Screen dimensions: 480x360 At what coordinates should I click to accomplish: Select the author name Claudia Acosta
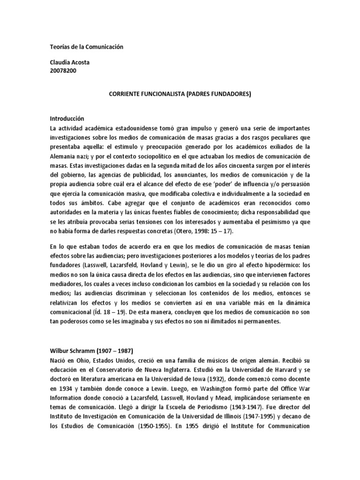click(70, 62)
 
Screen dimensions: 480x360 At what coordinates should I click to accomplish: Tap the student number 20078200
click(63, 70)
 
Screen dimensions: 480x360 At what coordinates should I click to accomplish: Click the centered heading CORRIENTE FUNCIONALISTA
click(180, 94)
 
